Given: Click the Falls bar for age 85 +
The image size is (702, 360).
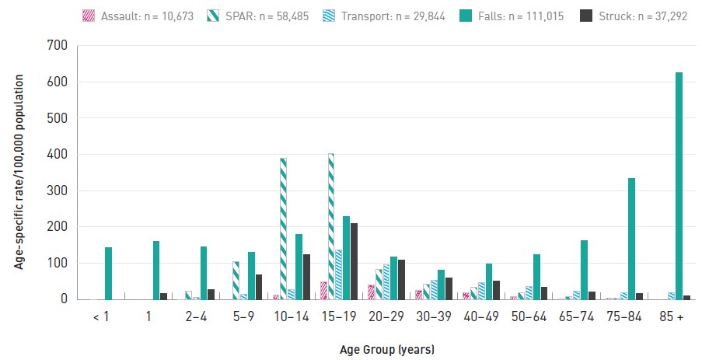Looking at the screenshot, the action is click(679, 186).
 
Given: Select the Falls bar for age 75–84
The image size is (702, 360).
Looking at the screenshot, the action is click(632, 239).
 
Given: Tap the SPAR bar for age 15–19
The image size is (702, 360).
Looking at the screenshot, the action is click(331, 226).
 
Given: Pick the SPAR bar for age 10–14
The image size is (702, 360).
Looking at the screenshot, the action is click(284, 229).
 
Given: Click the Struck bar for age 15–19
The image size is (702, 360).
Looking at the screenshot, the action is click(354, 261).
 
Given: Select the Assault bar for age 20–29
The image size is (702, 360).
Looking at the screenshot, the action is click(371, 292).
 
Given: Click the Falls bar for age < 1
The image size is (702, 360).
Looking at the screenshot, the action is click(108, 273).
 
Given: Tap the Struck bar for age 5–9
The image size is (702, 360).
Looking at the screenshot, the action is click(259, 287).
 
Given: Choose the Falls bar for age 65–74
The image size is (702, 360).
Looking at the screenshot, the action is click(585, 270).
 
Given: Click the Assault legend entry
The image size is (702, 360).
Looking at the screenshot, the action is click(138, 16).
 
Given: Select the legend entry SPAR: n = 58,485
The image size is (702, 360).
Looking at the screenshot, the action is click(258, 16).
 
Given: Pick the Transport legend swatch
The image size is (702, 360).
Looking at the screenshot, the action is click(328, 16).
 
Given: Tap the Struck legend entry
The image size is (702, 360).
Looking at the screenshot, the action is click(634, 16).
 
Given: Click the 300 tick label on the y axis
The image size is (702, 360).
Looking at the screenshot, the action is click(57, 190).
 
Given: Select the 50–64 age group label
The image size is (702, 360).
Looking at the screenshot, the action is click(529, 316).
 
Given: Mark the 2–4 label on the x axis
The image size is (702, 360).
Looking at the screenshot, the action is click(196, 316).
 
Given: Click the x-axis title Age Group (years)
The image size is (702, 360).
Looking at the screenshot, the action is click(387, 349).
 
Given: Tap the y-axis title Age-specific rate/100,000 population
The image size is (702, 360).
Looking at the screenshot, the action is click(19, 172).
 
